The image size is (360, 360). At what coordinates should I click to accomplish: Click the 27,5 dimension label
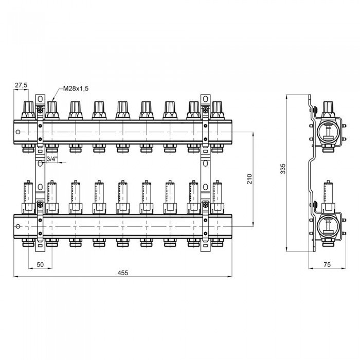[21, 85]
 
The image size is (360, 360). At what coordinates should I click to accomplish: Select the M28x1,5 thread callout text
[76, 88]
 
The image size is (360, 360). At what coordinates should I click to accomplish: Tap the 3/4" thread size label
[52, 158]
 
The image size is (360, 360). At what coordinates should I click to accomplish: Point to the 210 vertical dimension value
[249, 179]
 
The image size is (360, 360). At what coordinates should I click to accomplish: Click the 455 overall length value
[123, 273]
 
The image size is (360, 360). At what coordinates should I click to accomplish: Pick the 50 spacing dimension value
[40, 264]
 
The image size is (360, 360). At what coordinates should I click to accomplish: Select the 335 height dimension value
[283, 169]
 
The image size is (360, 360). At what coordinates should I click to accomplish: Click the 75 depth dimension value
[327, 264]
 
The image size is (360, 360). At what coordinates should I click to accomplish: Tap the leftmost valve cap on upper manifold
[28, 111]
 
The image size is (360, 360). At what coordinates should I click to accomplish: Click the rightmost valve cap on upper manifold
[217, 111]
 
